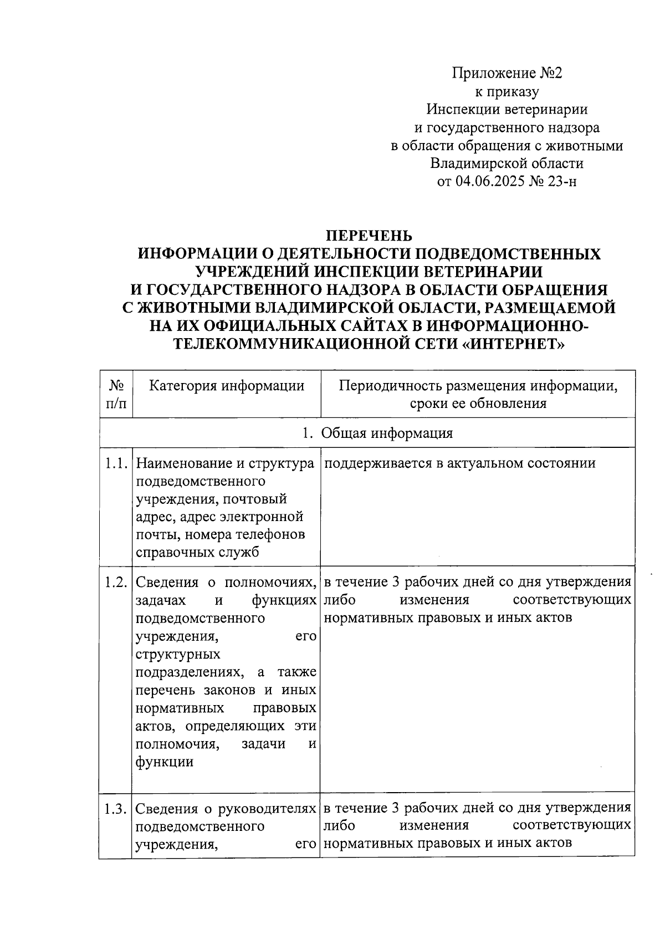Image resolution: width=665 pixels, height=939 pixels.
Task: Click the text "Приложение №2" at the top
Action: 507,73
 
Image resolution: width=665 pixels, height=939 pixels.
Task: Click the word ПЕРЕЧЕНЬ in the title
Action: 369,236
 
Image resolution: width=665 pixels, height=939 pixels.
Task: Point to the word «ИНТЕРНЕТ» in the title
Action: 514,344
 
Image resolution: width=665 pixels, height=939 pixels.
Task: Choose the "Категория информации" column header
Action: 227,386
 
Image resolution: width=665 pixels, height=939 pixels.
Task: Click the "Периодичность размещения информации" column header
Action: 478,386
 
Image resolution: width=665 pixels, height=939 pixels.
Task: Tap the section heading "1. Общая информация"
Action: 377,433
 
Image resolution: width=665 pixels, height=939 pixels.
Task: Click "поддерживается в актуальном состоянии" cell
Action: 459,463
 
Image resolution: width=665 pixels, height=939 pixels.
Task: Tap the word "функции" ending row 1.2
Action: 165,762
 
